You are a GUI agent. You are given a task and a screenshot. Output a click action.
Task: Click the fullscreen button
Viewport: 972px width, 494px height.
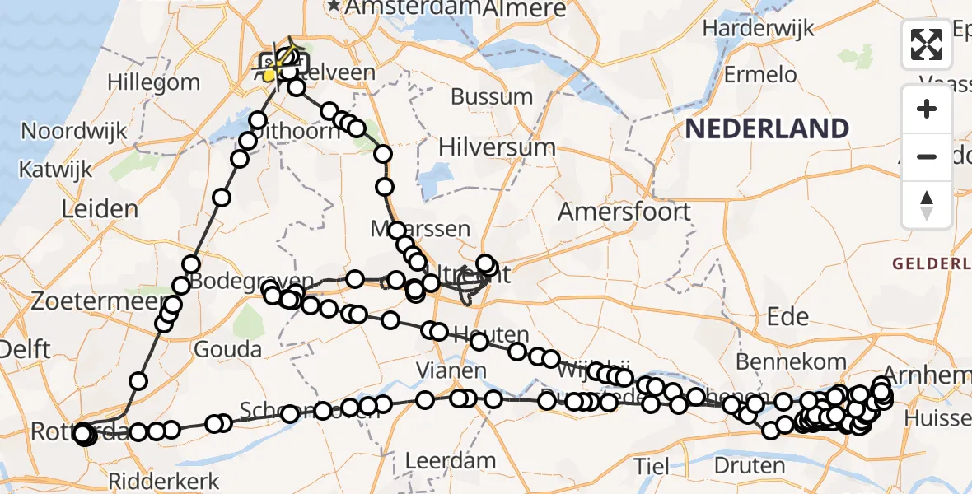927,45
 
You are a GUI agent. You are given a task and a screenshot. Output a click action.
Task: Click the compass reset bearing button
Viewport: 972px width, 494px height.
927,205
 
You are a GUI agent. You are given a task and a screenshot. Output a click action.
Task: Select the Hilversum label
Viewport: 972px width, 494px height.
497,147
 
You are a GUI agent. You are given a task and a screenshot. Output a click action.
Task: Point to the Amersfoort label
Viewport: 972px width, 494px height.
624,212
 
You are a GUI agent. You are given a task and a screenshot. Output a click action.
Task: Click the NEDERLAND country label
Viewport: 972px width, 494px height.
766,129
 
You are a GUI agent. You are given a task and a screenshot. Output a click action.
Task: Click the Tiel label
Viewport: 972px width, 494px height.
651,466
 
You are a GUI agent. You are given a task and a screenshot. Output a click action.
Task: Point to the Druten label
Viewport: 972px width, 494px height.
749,466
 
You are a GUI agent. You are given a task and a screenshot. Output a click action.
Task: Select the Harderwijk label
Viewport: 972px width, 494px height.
758,28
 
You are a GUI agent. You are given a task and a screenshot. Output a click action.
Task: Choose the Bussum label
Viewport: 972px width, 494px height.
492,96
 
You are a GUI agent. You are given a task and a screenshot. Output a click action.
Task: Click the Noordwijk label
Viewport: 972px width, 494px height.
74,131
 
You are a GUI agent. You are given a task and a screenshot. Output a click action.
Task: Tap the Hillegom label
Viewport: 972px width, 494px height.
153,82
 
